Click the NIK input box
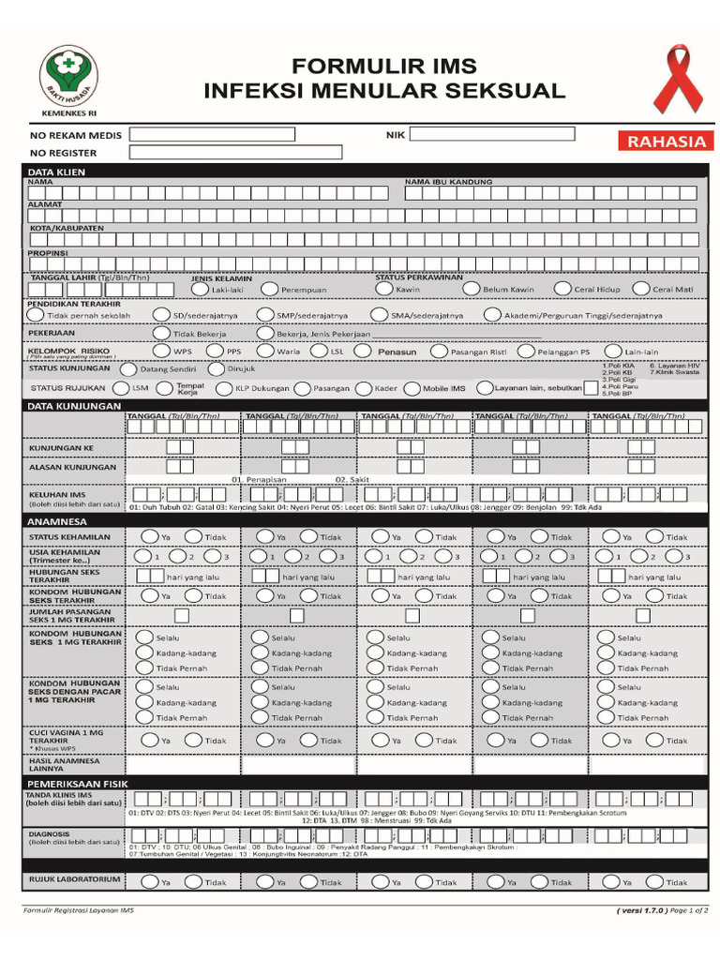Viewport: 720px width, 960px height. click(492, 134)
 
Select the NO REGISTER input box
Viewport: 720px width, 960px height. click(236, 152)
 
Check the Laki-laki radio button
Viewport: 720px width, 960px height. click(200, 290)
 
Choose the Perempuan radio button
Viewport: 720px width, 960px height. click(269, 290)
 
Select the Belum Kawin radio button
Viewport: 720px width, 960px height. click(471, 289)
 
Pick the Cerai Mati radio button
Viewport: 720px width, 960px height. click(641, 289)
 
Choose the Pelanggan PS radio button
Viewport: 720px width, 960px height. click(526, 352)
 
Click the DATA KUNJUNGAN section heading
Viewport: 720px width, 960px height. click(74, 406)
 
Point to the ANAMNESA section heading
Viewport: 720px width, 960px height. click(57, 520)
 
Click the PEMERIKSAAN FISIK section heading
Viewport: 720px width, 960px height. click(77, 782)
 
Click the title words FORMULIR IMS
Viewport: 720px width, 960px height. click(384, 67)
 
